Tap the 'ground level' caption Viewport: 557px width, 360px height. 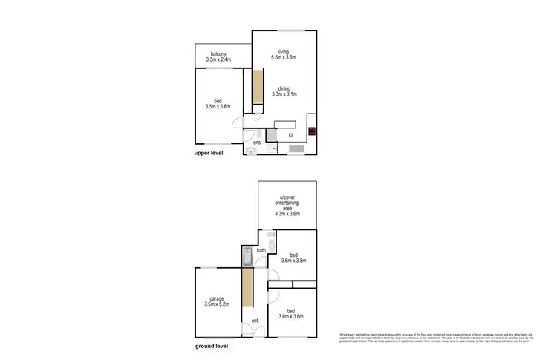[212, 347]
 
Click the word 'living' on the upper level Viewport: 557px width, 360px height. [283, 51]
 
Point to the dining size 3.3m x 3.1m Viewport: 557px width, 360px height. [284, 94]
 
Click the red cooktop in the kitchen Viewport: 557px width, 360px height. [313, 134]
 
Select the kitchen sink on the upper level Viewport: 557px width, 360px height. [295, 151]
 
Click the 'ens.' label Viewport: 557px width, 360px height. [257, 142]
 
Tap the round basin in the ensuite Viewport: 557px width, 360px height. [252, 151]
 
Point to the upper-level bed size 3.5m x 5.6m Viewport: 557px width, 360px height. [218, 106]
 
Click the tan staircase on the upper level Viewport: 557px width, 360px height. [257, 87]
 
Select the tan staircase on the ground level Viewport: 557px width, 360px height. [246, 297]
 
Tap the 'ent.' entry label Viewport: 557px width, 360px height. [255, 321]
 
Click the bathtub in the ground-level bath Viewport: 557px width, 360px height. [247, 256]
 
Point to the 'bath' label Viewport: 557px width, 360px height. [261, 251]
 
